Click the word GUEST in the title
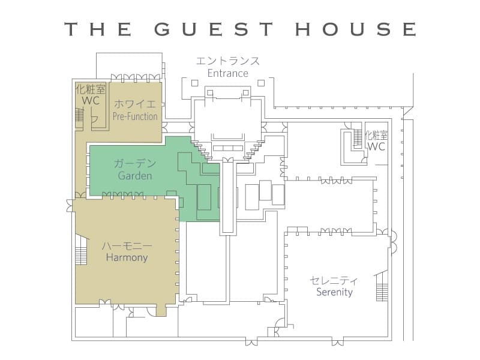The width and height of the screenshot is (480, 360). click(214, 29)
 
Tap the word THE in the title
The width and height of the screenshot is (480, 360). click(98, 29)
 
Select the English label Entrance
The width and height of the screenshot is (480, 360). click(228, 73)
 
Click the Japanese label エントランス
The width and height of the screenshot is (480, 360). click(228, 61)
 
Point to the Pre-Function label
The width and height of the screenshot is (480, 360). click(135, 116)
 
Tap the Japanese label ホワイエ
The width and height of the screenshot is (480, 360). click(135, 104)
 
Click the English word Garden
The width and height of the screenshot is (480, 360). click(135, 176)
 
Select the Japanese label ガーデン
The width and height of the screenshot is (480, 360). click(135, 163)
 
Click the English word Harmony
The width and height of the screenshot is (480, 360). click(127, 257)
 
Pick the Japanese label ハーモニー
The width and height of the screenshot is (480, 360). click(127, 245)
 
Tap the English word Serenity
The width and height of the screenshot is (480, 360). click(334, 292)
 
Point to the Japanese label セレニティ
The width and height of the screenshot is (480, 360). click(334, 280)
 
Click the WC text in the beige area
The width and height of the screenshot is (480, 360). click(91, 100)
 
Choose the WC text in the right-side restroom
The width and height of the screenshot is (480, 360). click(376, 146)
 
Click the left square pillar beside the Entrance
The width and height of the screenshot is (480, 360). click(194, 83)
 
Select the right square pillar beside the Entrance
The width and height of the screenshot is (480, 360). click(261, 83)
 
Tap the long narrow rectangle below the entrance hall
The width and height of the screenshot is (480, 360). click(228, 197)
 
